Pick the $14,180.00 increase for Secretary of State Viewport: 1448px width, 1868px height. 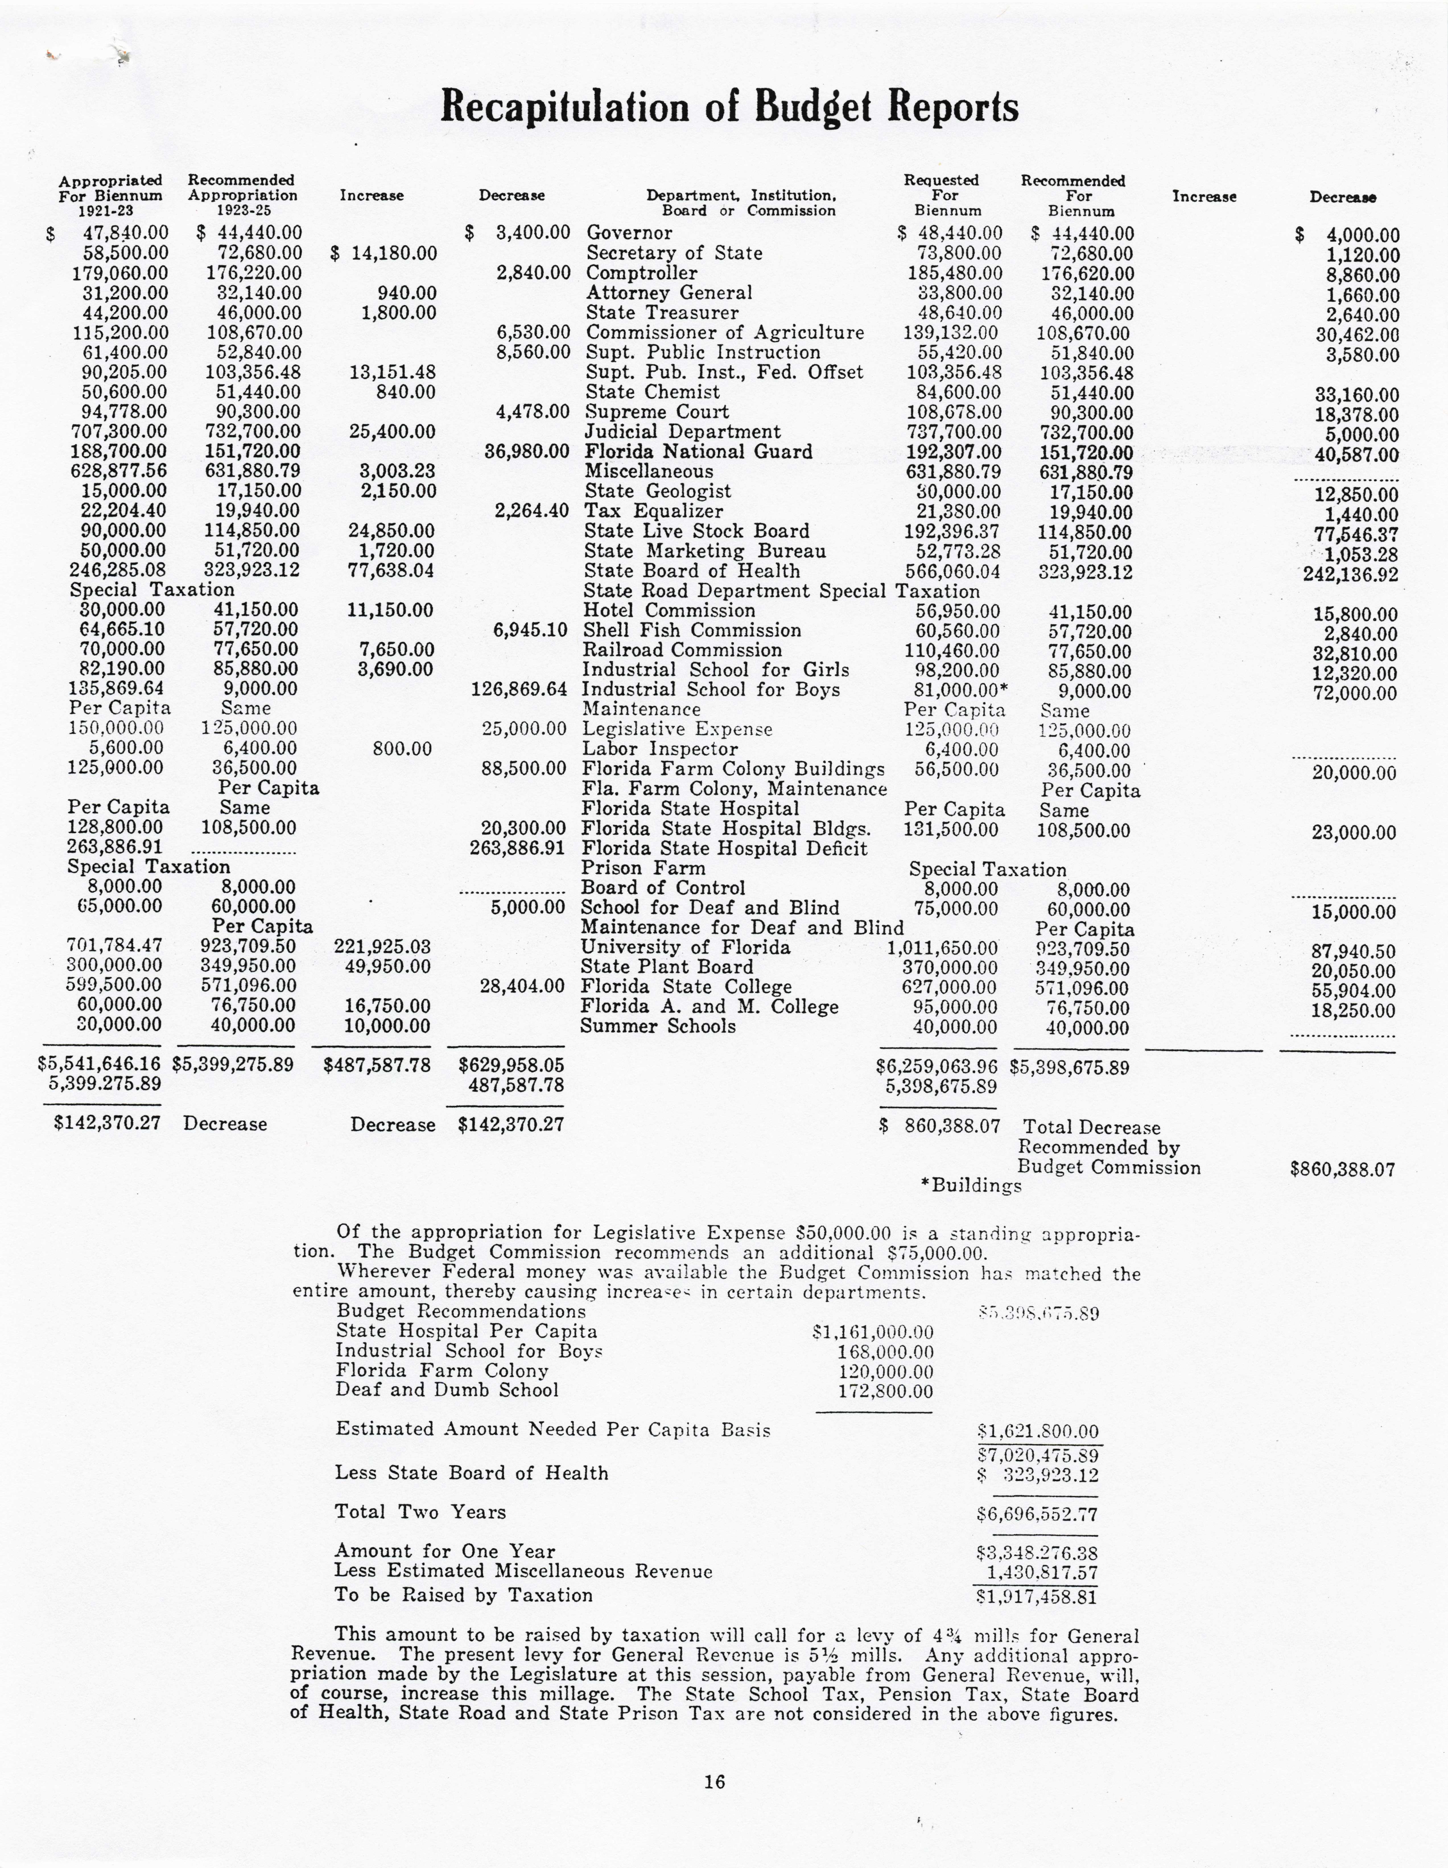pyautogui.click(x=384, y=253)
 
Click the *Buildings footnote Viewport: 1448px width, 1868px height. pyautogui.click(x=971, y=1185)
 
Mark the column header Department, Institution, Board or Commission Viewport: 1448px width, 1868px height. pyautogui.click(x=741, y=203)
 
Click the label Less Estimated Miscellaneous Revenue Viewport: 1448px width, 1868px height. pyautogui.click(x=523, y=1571)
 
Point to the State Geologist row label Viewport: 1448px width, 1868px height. pyautogui.click(x=658, y=491)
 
